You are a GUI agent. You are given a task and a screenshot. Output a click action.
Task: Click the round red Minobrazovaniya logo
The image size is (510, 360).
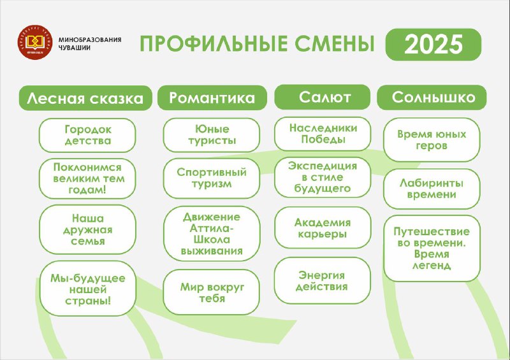point(35,42)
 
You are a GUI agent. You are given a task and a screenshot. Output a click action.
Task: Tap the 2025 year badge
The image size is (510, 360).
point(433,44)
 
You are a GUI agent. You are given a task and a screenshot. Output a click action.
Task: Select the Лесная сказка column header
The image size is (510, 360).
point(85,98)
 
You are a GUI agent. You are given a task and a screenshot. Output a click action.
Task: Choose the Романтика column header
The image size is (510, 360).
point(212,97)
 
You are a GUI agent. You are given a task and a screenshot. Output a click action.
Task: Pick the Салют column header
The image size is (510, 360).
point(323,97)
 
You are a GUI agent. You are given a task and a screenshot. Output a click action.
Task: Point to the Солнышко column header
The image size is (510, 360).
point(432,97)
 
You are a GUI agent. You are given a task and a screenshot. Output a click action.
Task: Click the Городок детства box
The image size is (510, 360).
point(87,135)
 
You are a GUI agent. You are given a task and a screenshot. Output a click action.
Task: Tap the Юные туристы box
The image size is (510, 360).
point(212,134)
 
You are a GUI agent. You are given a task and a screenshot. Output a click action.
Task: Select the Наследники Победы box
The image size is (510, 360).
point(323,134)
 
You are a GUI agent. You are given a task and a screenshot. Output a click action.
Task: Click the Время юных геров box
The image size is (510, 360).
point(432,140)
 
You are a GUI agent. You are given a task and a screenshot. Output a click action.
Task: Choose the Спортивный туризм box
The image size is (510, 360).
point(212,178)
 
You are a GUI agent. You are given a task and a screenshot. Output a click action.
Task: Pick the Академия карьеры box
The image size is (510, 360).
point(323,227)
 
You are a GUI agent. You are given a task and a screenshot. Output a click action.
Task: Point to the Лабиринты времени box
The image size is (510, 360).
point(432,189)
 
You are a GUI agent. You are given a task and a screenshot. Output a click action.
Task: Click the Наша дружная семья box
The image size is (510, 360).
point(87,229)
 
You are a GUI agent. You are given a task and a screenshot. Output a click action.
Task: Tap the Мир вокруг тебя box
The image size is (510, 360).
point(212,292)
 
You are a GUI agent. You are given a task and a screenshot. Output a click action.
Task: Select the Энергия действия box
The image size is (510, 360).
point(323,280)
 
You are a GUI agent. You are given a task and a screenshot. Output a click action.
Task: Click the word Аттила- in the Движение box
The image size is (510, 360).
point(212,228)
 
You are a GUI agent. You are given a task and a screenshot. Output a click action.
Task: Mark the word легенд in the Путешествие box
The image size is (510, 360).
point(432,266)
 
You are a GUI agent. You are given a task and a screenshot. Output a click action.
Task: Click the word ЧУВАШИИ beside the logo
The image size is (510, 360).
point(75,48)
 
